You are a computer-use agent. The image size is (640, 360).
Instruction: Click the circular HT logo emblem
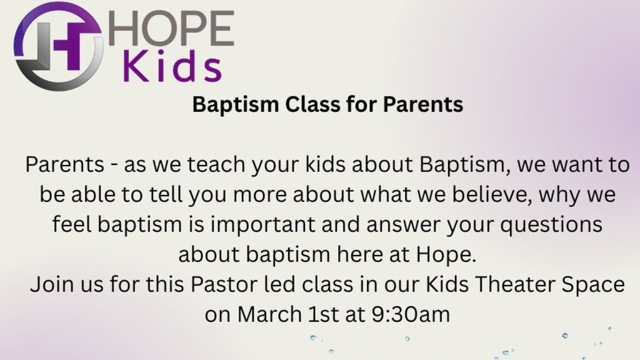(58, 46)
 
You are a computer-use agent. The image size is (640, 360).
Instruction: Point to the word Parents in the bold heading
(423, 104)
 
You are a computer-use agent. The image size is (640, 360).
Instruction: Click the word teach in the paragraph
(216, 164)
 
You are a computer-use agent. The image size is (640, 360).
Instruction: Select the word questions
(551, 225)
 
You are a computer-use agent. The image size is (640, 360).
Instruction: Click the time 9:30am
(411, 314)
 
